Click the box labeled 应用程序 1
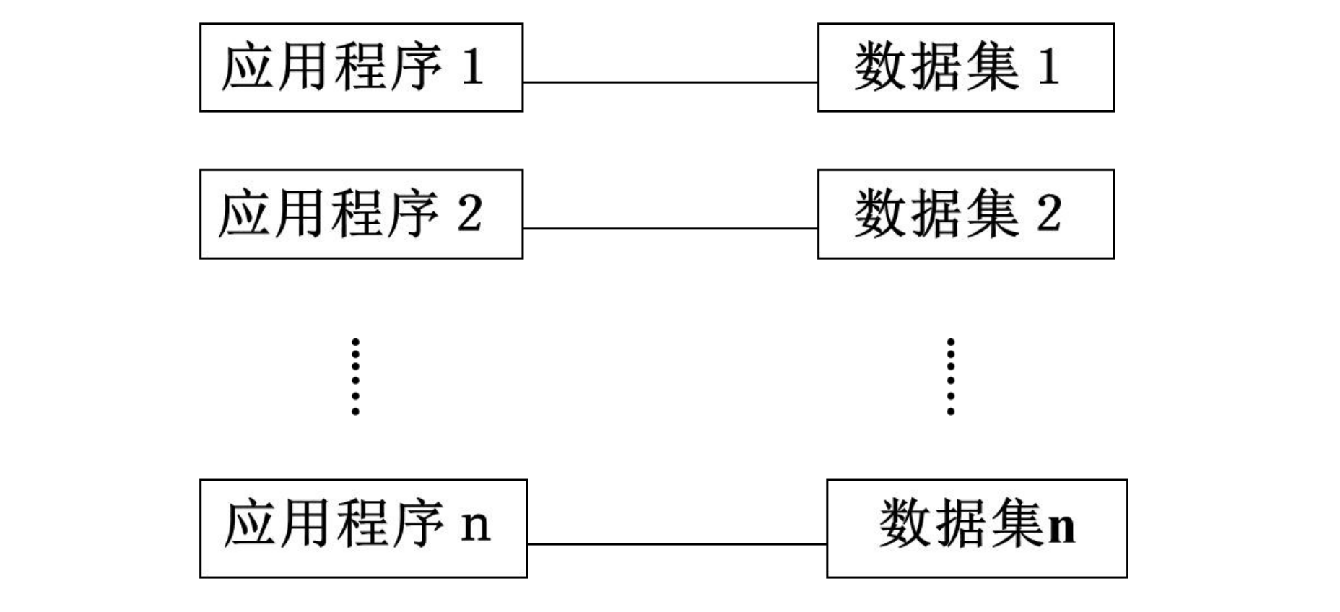(x=361, y=67)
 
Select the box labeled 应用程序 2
(x=361, y=214)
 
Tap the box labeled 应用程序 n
(x=363, y=528)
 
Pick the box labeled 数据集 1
(x=965, y=67)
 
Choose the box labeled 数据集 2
(x=965, y=214)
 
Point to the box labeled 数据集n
(x=976, y=528)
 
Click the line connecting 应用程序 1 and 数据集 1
(x=670, y=82)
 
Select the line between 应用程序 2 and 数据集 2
(x=670, y=229)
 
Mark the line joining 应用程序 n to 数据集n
(x=676, y=544)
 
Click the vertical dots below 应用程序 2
(x=355, y=376)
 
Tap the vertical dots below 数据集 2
(x=950, y=376)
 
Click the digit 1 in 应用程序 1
(x=472, y=67)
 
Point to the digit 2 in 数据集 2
(x=1049, y=214)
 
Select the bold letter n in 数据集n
(x=1061, y=528)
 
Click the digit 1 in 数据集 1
(x=1049, y=67)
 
